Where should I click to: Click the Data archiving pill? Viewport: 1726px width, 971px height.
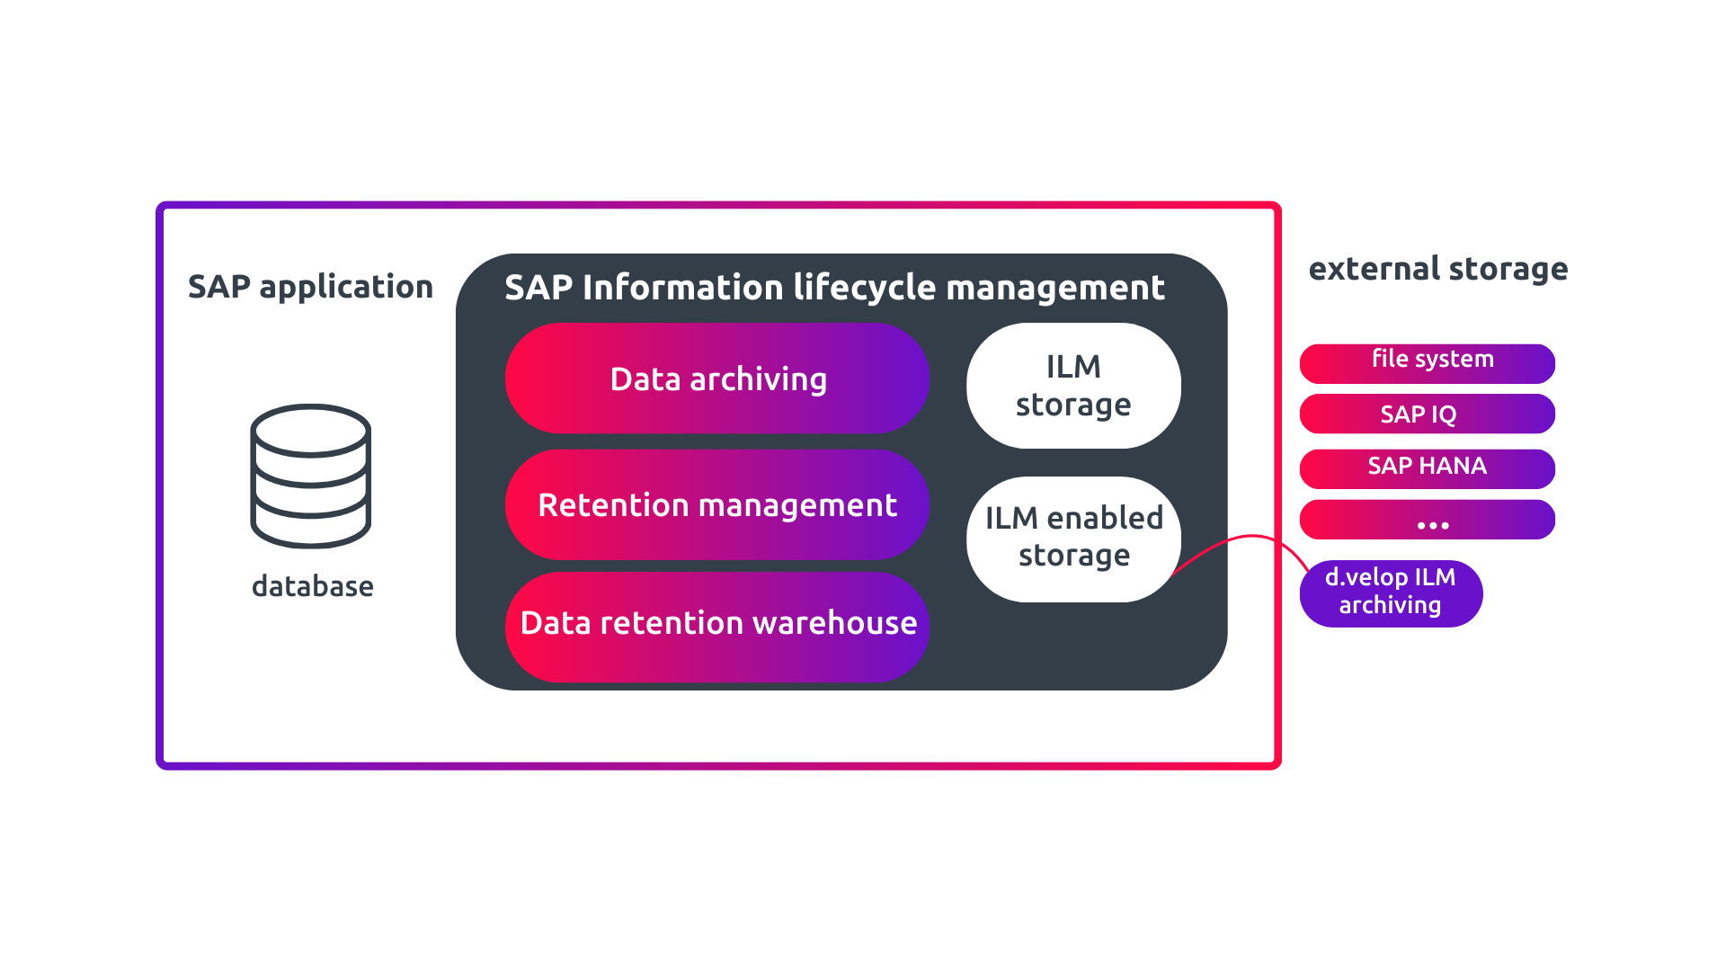tap(716, 379)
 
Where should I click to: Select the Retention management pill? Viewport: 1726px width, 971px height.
tap(716, 504)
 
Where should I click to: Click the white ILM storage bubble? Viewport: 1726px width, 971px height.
tap(1072, 386)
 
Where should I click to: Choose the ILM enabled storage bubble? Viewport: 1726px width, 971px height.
tap(1072, 539)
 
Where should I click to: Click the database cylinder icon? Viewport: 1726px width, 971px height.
tap(310, 476)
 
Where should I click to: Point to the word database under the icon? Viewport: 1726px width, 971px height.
tap(312, 586)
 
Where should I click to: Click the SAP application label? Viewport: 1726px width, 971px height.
tap(310, 287)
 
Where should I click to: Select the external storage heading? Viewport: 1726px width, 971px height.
tap(1437, 269)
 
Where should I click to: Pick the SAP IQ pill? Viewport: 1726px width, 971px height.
tap(1427, 414)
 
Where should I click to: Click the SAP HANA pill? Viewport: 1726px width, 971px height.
tap(1427, 468)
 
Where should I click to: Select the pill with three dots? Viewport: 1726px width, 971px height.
tap(1427, 521)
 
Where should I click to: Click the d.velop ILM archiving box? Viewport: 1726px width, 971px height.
tap(1390, 592)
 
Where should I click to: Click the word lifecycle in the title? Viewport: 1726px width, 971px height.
tap(865, 289)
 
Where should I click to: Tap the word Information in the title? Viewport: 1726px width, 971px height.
tap(683, 289)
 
